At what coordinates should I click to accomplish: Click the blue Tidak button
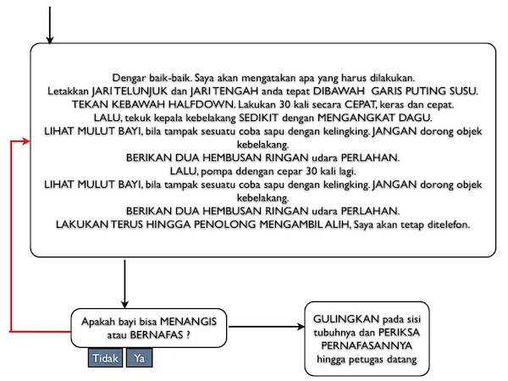point(105,359)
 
